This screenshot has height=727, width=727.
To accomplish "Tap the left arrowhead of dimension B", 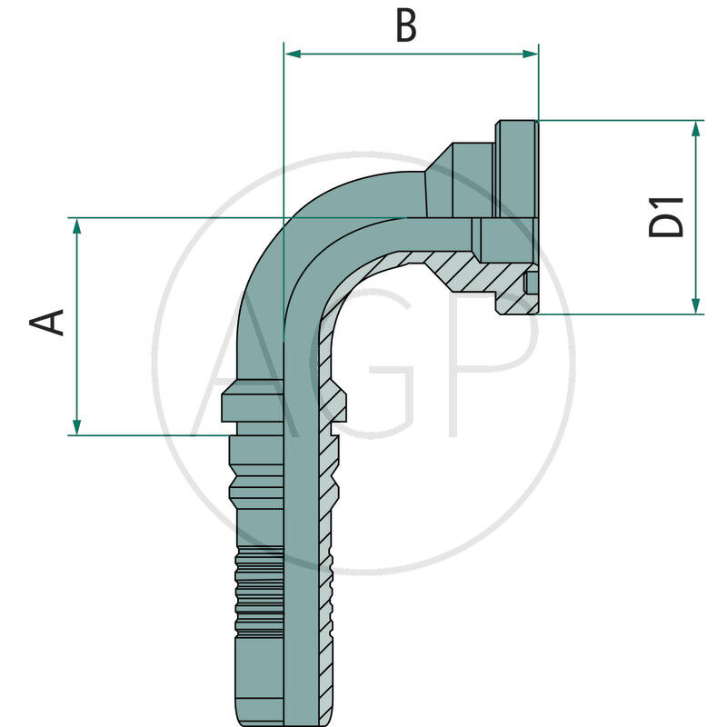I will (x=292, y=54).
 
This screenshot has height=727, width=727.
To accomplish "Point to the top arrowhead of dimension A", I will (x=77, y=226).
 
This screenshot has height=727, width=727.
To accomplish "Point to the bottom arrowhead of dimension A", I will (x=77, y=426).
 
